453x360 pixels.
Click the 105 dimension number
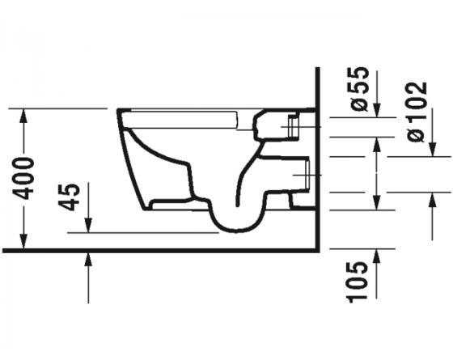point(361,277)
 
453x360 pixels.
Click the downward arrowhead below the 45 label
point(88,226)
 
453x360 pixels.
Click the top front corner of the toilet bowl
point(119,111)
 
